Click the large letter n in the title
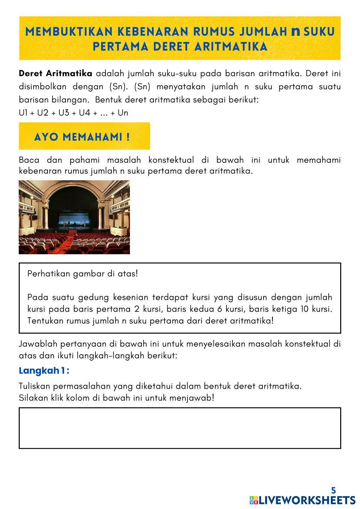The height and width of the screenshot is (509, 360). (296, 32)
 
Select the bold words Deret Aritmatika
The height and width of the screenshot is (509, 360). (55, 74)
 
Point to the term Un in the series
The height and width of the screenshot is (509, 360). (123, 113)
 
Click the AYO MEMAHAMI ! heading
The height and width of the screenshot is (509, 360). (82, 137)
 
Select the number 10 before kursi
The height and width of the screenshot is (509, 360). (305, 309)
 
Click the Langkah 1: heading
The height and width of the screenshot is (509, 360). (44, 371)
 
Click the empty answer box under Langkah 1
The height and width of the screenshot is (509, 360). (180, 428)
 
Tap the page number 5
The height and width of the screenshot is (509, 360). (333, 490)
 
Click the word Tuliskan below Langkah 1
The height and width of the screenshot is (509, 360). (35, 386)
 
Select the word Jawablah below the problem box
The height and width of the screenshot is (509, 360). (38, 344)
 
